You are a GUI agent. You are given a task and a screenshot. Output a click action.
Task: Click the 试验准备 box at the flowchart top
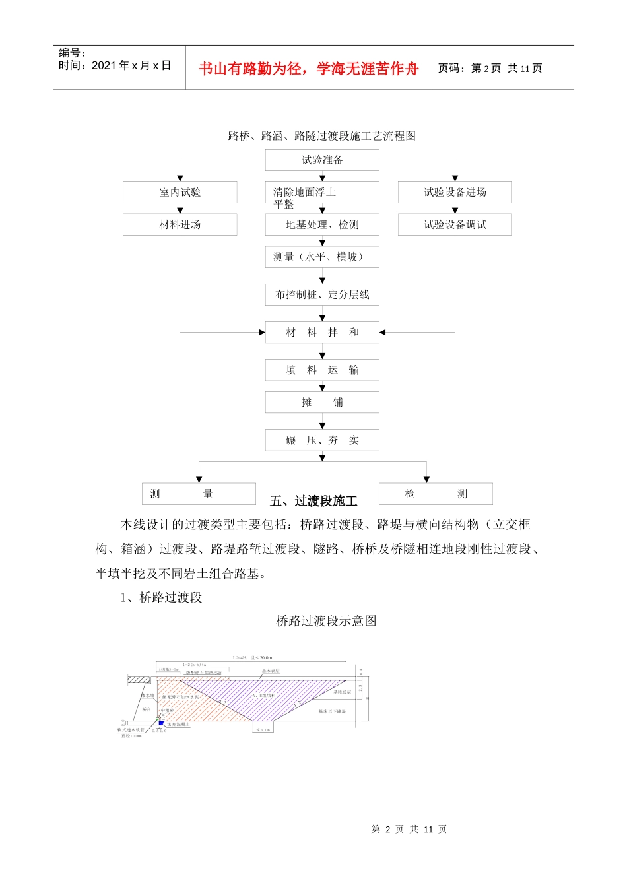point(322,160)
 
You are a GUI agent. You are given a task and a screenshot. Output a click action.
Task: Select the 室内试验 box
point(180,192)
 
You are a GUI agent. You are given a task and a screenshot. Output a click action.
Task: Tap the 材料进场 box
point(180,224)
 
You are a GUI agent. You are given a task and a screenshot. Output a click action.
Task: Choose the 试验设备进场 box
point(455,192)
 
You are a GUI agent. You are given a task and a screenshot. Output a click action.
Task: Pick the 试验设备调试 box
point(455,224)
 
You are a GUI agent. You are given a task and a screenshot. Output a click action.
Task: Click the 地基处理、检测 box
point(322,224)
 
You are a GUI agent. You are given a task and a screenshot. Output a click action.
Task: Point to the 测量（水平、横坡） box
point(322,257)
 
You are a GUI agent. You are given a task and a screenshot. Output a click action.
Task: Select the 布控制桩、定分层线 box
point(322,294)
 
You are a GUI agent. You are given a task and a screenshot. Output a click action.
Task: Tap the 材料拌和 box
point(322,332)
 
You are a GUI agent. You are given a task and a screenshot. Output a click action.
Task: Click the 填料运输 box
point(322,370)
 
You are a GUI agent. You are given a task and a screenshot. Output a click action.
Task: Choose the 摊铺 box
point(322,402)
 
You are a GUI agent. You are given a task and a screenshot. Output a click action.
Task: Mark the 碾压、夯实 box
point(322,440)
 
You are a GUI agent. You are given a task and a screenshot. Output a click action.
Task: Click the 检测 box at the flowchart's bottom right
point(436,494)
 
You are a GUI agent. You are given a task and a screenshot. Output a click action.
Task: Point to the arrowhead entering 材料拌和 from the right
point(383,332)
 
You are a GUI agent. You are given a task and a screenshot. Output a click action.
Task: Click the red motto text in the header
point(308,69)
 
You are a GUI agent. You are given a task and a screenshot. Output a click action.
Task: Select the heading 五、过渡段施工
point(313,502)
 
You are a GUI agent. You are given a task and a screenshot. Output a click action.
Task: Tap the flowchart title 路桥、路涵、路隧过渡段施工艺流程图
point(322,136)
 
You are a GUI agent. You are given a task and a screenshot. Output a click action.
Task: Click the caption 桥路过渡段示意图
point(326,621)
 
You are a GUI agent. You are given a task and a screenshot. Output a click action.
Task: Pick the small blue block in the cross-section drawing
point(161,723)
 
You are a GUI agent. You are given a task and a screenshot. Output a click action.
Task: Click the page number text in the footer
point(409,829)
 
